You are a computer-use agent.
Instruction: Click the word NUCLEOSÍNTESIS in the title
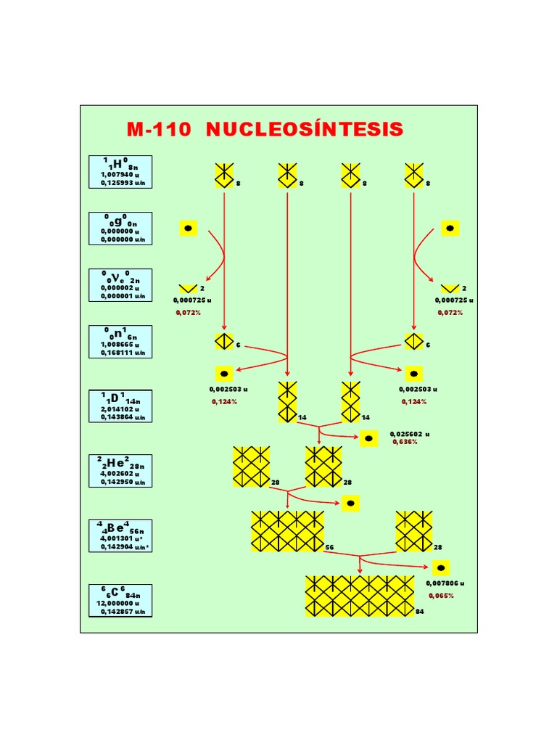click(305, 130)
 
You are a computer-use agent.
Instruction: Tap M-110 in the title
click(159, 130)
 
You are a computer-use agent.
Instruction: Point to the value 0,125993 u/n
click(122, 182)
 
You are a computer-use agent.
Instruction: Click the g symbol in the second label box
click(118, 221)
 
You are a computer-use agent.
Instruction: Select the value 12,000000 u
click(118, 603)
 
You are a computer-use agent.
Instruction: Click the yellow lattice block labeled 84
click(360, 595)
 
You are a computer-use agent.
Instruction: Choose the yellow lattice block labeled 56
click(287, 531)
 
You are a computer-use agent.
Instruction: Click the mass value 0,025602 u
click(410, 433)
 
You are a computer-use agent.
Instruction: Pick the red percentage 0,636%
click(405, 441)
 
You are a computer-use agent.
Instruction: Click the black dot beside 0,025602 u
click(369, 438)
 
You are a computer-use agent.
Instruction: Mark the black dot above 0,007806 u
click(440, 567)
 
